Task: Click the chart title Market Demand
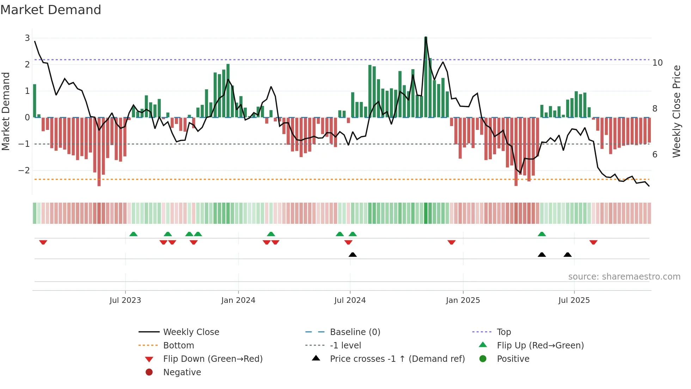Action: coord(51,10)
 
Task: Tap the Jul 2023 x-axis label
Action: coord(125,300)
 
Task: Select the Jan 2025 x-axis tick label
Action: coord(463,300)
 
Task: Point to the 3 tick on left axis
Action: coord(27,38)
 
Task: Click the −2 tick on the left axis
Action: coord(24,170)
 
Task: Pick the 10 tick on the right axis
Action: coord(657,63)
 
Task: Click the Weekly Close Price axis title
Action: coord(676,111)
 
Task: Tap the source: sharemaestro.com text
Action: coord(624,277)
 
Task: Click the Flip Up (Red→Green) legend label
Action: coord(540,346)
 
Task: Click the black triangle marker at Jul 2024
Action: coord(353,255)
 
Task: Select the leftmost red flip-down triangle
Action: coord(43,242)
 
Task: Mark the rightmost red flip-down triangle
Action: coord(593,242)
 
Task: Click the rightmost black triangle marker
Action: coord(567,255)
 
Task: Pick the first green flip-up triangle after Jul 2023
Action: coord(133,234)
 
